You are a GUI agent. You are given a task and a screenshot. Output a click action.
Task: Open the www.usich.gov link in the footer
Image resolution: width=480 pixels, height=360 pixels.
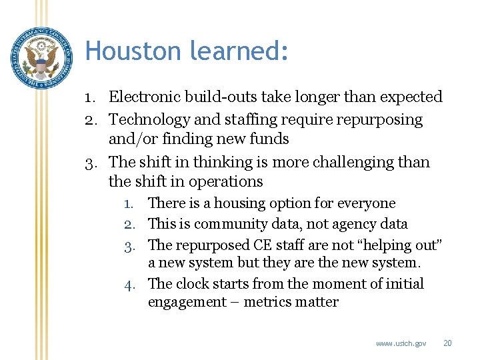point(401,343)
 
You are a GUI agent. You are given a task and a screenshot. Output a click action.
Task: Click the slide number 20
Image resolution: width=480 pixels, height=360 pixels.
point(448,343)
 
